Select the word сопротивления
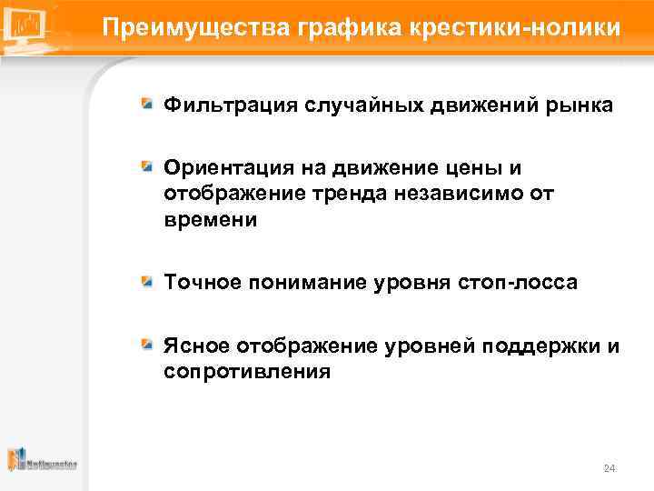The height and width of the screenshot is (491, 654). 247,371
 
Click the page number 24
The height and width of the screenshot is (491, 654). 609,468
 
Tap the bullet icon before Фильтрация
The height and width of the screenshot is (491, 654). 147,105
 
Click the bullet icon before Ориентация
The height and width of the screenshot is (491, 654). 147,167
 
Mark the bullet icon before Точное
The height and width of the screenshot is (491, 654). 147,282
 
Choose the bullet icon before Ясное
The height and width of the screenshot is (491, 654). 147,345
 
